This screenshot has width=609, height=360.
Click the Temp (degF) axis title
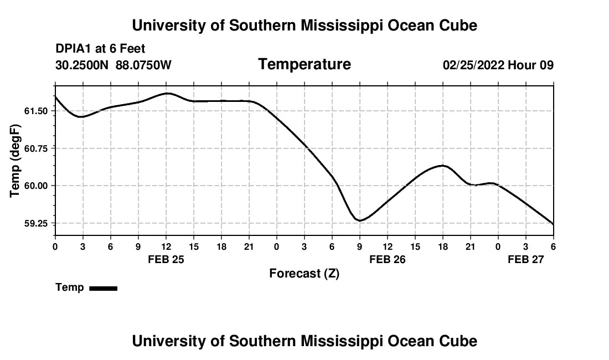click(16, 161)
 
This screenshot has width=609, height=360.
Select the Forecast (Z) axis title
click(304, 273)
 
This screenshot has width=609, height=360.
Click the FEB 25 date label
click(166, 259)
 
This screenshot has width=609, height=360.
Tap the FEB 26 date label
click(388, 259)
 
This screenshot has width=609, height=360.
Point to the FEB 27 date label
click(526, 259)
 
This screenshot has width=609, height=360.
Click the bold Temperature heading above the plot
click(304, 64)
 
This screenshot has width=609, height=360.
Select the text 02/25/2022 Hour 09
click(498, 65)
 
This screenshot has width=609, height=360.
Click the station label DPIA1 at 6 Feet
click(100, 49)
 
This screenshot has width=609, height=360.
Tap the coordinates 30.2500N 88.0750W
click(113, 65)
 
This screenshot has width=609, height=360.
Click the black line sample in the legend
click(103, 288)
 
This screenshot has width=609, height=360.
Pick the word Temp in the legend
click(70, 287)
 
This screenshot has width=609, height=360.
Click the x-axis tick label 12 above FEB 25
click(166, 246)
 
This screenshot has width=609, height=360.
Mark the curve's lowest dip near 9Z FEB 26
click(360, 220)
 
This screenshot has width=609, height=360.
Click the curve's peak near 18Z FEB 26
click(442, 165)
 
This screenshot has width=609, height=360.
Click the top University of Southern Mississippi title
click(304, 25)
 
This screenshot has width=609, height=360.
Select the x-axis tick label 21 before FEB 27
click(470, 246)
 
